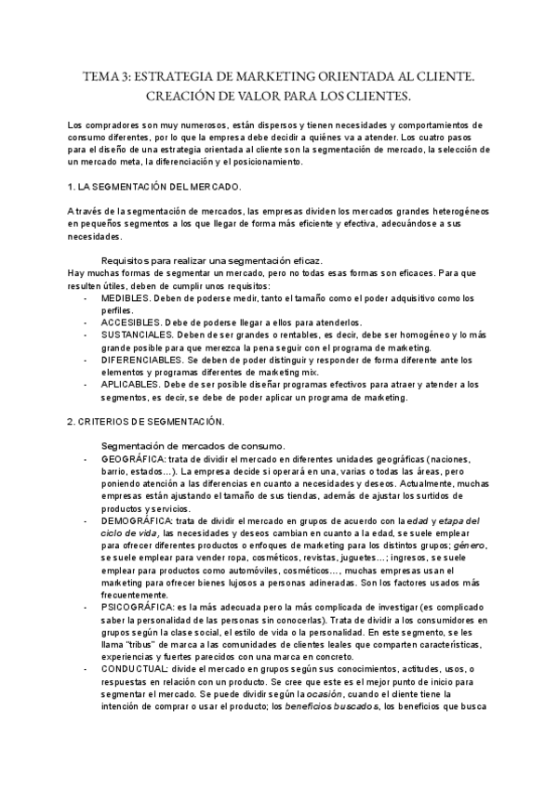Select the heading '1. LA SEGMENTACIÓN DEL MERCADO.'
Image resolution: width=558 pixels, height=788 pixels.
(155, 187)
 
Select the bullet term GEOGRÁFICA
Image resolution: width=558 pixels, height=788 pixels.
(134, 461)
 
